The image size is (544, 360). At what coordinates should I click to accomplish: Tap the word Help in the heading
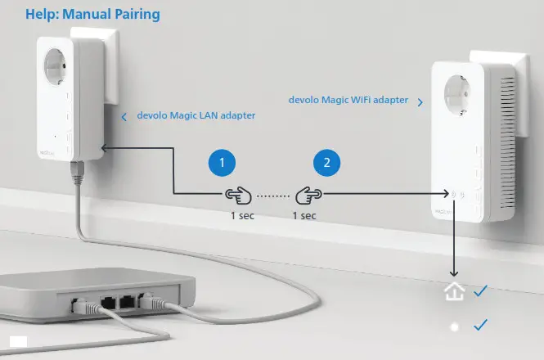[41, 15]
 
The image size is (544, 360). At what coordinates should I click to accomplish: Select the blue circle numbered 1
[221, 163]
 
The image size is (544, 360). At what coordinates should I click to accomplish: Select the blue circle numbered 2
[327, 163]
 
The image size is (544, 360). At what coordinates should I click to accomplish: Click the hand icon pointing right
[308, 195]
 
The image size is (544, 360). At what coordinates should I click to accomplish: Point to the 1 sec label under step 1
[243, 215]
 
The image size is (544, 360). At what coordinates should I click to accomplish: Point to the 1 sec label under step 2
[304, 215]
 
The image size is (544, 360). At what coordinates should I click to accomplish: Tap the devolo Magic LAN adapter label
[196, 116]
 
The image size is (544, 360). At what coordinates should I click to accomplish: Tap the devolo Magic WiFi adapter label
[348, 100]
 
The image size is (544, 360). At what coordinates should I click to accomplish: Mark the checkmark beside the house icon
[480, 290]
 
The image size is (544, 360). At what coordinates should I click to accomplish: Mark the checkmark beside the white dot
[480, 326]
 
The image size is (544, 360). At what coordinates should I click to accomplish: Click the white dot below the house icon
[454, 326]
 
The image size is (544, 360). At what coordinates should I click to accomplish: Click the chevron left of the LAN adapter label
[124, 117]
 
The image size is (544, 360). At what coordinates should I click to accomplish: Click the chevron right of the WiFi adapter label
[420, 102]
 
